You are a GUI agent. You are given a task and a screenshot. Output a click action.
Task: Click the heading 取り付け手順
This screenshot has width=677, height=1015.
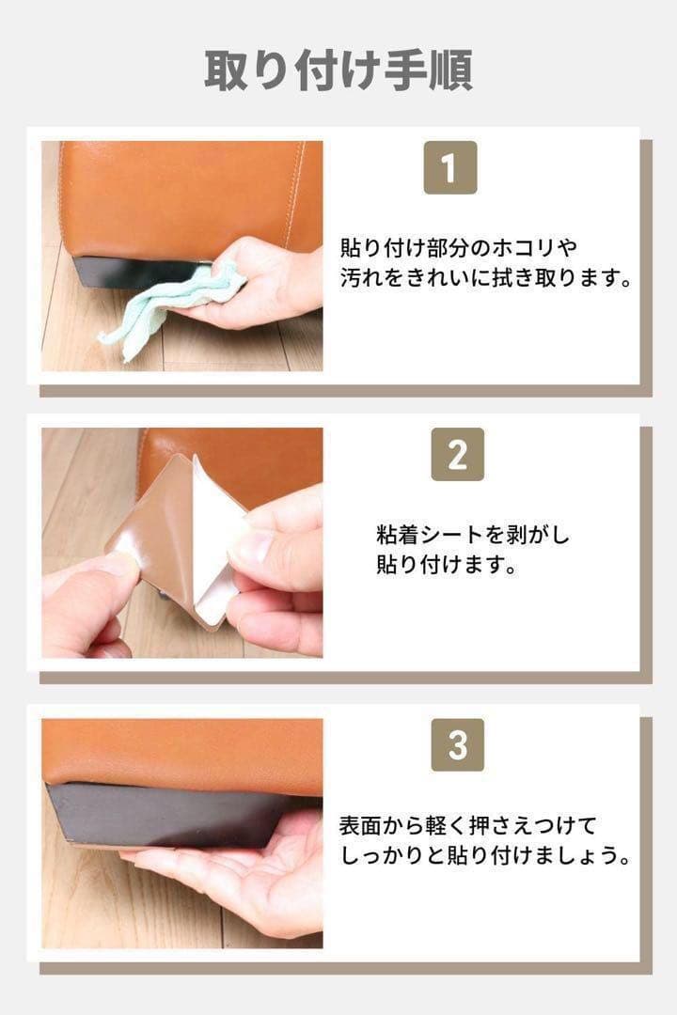[x=338, y=70]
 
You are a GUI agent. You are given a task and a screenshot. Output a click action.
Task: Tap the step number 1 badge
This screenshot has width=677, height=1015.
[x=450, y=167]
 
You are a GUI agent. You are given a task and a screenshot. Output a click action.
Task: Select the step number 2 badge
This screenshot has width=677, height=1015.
[x=457, y=455]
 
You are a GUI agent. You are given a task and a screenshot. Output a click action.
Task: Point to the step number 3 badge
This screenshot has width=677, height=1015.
[x=457, y=745]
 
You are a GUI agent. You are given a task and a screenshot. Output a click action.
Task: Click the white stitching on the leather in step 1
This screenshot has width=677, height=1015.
[x=294, y=195]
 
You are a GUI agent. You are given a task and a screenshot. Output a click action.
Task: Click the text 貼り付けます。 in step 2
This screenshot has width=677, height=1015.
[x=447, y=565]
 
